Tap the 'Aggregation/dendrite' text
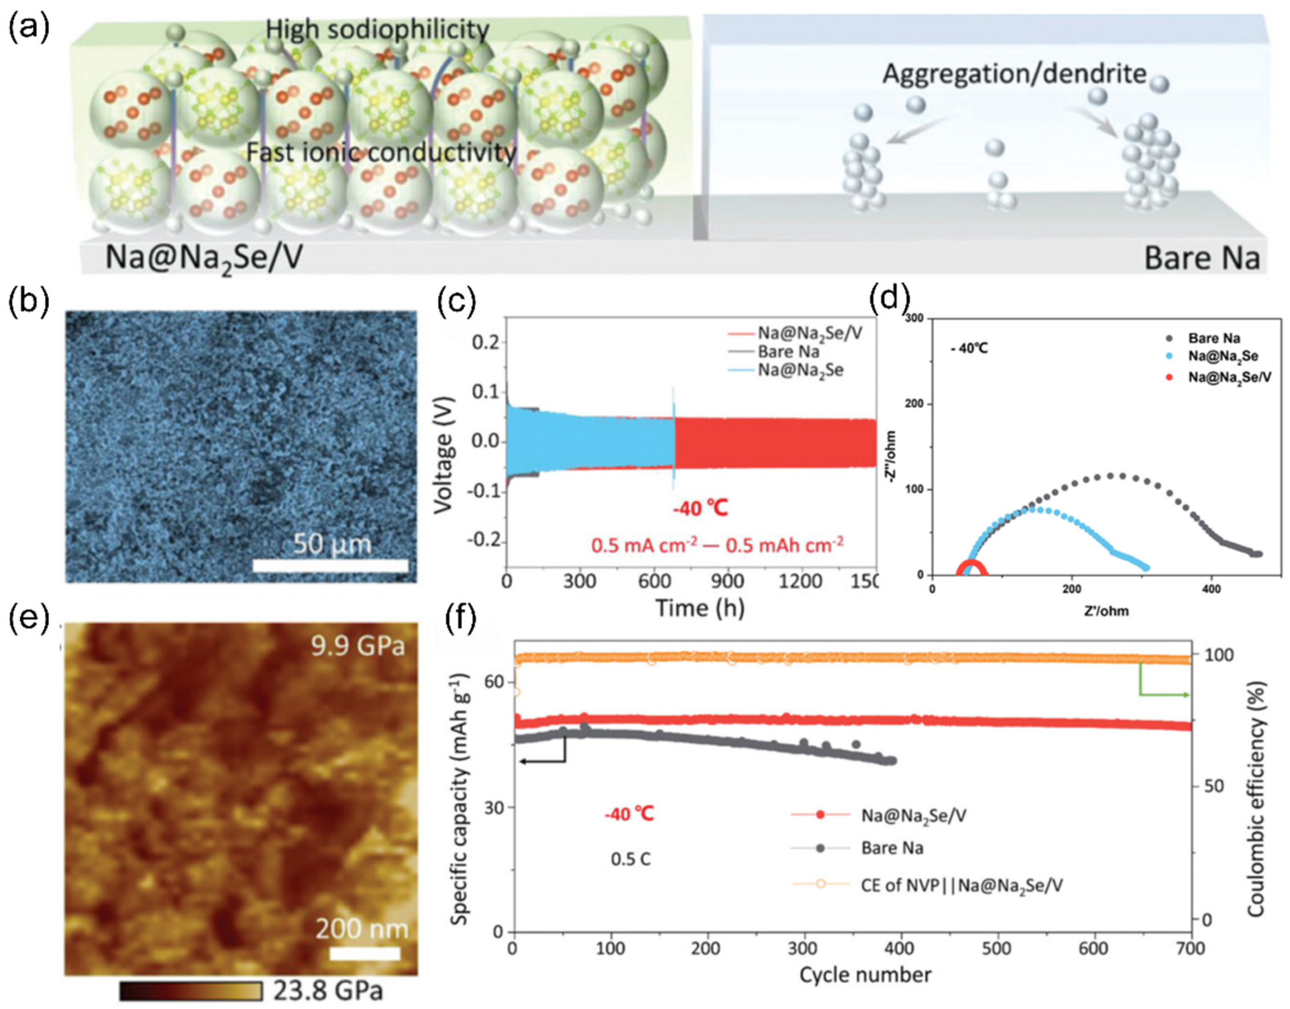click(x=1014, y=75)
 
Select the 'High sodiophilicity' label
click(x=378, y=30)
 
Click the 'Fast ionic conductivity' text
click(x=381, y=153)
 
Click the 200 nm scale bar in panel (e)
click(x=365, y=954)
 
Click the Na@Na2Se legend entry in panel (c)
click(x=800, y=370)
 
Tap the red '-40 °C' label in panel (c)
click(x=700, y=508)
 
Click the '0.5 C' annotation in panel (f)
click(x=630, y=859)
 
